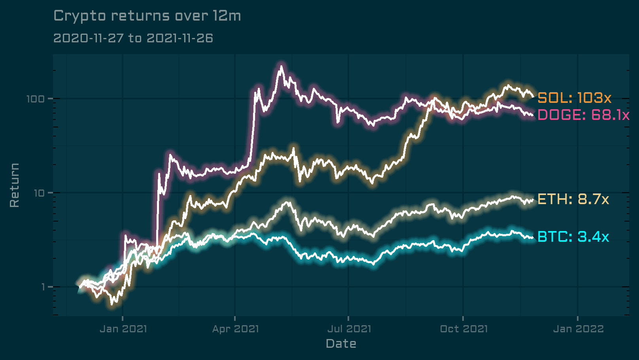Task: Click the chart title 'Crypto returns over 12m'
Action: click(x=147, y=16)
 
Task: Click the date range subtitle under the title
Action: click(x=133, y=38)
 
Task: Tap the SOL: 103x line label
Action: click(x=574, y=98)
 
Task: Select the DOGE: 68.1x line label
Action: click(x=583, y=115)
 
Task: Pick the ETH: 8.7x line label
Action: click(x=573, y=199)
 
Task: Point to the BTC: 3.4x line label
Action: click(x=573, y=237)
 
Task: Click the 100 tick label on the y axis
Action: click(x=35, y=99)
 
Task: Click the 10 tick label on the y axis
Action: click(x=39, y=193)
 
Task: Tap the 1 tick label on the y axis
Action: click(x=43, y=287)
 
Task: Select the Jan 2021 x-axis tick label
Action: click(x=123, y=329)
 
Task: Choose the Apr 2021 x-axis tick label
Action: click(x=235, y=329)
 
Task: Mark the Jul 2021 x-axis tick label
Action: click(x=349, y=329)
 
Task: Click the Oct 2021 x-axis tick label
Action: click(x=463, y=329)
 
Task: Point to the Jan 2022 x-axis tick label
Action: click(x=578, y=329)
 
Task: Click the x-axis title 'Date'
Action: click(x=341, y=344)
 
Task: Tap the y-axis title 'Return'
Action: click(x=15, y=185)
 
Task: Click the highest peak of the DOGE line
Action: click(x=281, y=66)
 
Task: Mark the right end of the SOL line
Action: click(x=533, y=97)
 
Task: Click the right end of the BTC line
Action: click(x=533, y=238)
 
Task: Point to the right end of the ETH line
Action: click(x=533, y=200)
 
